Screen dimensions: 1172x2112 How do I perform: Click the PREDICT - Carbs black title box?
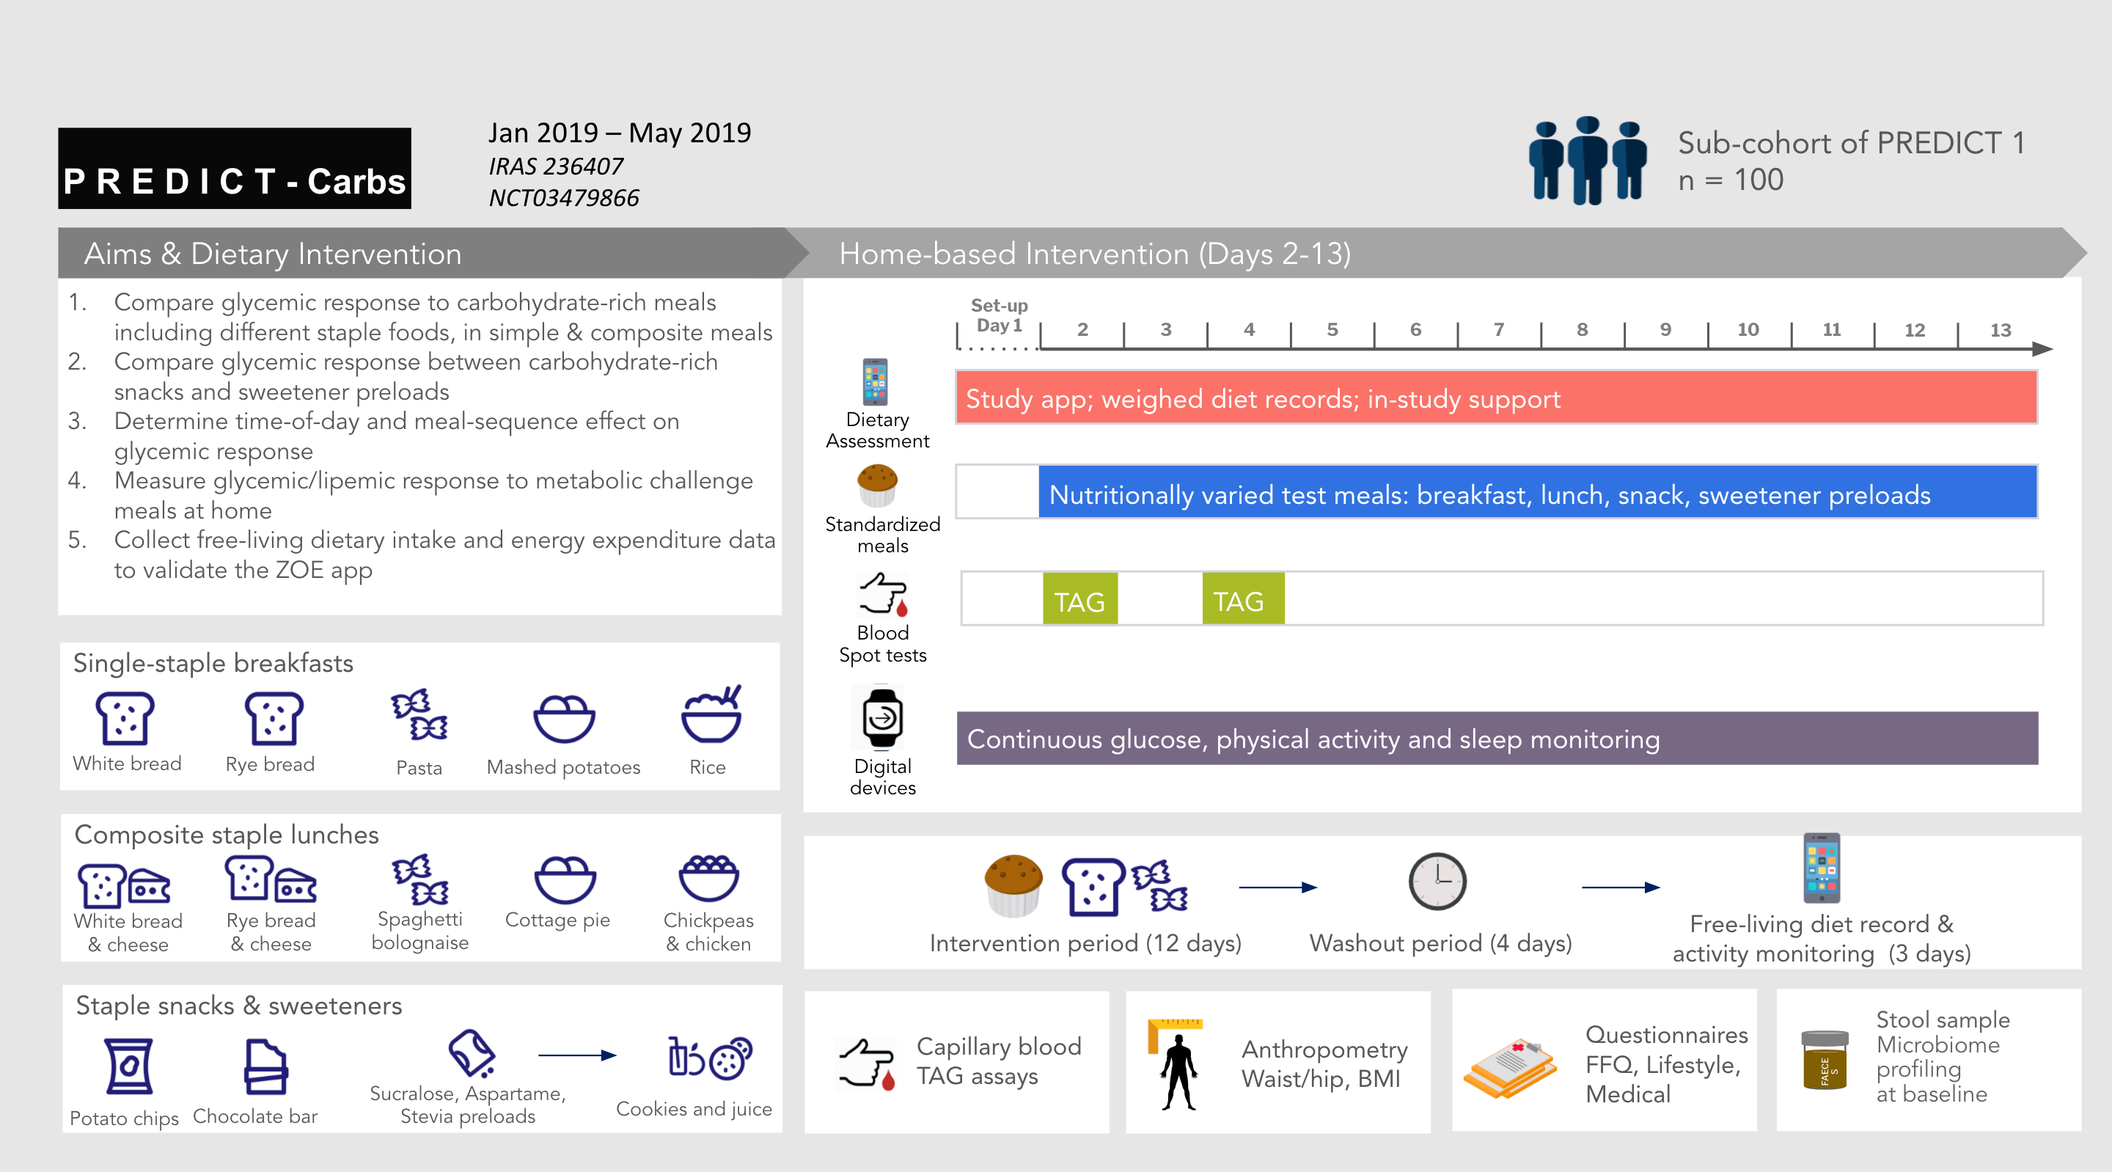coord(235,168)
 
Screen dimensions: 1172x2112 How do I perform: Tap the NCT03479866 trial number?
coord(563,198)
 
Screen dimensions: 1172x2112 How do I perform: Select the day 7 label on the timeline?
coord(1499,330)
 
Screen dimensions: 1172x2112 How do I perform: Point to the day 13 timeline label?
coord(2000,331)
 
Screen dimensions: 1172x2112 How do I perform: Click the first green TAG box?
coord(1079,601)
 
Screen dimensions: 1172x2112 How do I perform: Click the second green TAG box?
coord(1242,601)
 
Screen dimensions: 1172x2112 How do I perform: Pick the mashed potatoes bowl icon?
coord(564,719)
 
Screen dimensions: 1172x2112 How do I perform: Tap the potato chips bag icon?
coord(129,1066)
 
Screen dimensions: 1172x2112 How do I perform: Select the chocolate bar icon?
coord(265,1066)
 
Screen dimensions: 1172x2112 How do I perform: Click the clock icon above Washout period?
coord(1437,882)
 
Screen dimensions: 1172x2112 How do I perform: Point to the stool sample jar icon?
coord(1825,1060)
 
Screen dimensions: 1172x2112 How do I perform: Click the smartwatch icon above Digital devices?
coord(882,719)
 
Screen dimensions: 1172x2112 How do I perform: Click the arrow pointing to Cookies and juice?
coord(577,1055)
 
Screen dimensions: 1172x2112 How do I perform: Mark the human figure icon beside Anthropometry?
coord(1179,1070)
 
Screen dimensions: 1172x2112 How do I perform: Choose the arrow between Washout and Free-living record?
coord(1620,887)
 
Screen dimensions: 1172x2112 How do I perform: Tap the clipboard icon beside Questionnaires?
coord(1510,1066)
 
